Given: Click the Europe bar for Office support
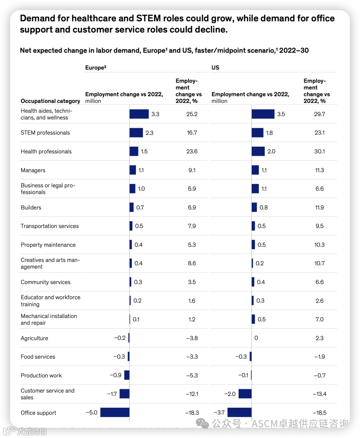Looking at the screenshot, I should [115, 412].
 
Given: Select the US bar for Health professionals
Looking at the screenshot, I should [258, 151].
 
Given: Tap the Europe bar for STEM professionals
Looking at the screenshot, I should [136, 133].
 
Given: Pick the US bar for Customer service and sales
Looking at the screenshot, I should [245, 394].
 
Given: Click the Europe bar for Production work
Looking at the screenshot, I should [127, 375].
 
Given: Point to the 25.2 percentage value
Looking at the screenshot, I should [192, 114].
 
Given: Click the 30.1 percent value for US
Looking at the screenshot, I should [319, 151].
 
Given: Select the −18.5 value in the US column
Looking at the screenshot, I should [319, 413].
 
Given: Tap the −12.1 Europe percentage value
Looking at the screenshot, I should [192, 394].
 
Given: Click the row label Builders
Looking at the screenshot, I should [31, 207].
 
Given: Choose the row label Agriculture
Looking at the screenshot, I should [34, 338].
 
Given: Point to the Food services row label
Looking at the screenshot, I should [38, 357].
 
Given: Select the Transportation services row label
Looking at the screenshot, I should [50, 226].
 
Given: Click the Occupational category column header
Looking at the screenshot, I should [50, 101].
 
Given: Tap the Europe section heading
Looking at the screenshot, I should [96, 67].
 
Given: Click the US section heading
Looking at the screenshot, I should [215, 67].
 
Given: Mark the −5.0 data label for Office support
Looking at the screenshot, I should [92, 412].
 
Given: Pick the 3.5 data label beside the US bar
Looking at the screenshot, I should [281, 114].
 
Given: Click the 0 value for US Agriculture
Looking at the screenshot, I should [256, 338].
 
